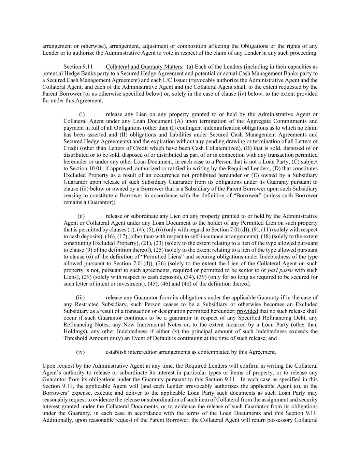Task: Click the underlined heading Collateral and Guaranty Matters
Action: click(x=144, y=67)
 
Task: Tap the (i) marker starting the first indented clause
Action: click(x=82, y=114)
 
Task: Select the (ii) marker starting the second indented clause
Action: click(x=81, y=216)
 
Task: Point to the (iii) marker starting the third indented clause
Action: click(x=80, y=298)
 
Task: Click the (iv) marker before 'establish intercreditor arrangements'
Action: click(x=80, y=352)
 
